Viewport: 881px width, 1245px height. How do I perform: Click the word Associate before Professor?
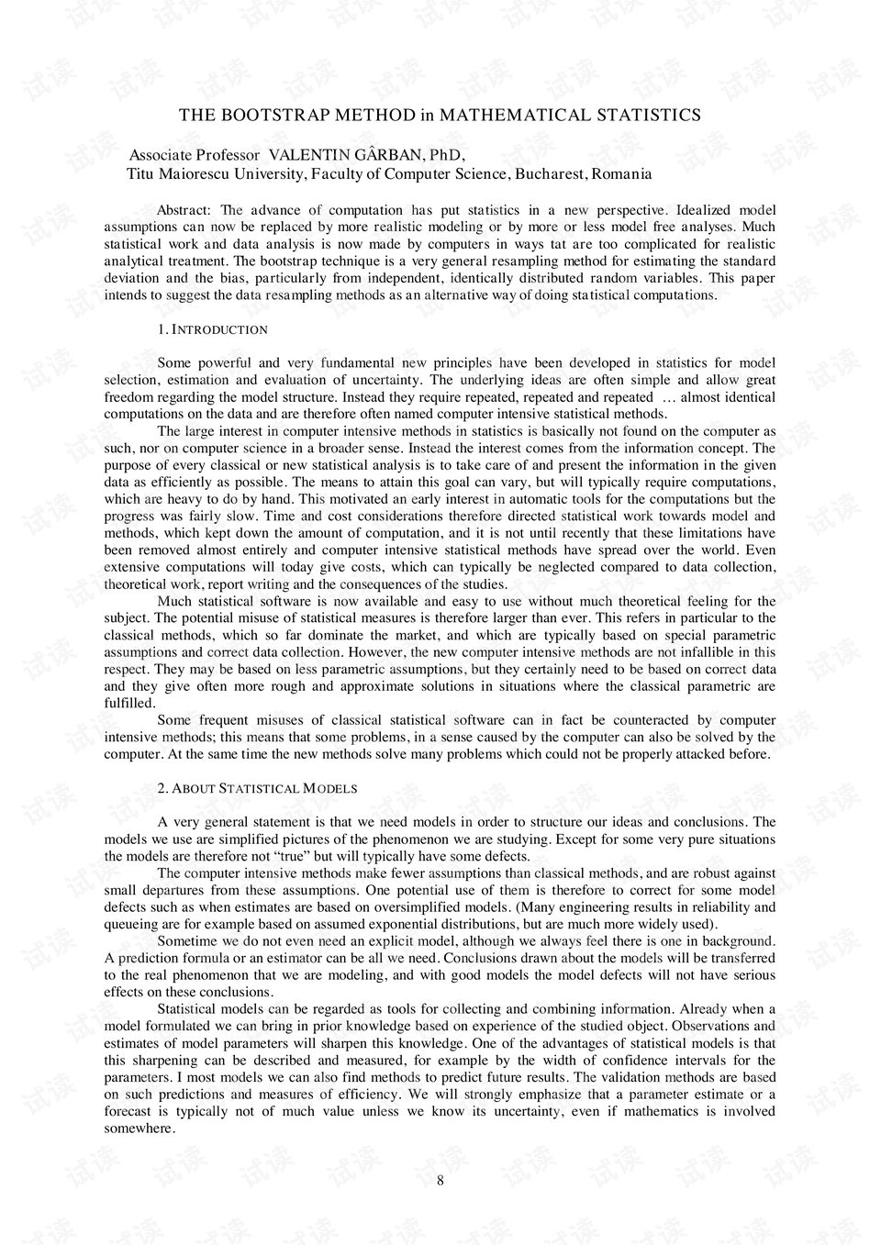tap(162, 155)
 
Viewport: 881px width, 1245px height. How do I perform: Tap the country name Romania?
tap(621, 173)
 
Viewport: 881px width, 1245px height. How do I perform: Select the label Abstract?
tap(184, 210)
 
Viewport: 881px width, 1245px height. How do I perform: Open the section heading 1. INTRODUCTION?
tap(213, 329)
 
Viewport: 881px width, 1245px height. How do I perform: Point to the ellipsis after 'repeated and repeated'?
tap(668, 397)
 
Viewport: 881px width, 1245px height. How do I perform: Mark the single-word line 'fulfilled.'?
tap(129, 704)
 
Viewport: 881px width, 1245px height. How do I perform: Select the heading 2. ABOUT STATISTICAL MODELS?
tap(257, 789)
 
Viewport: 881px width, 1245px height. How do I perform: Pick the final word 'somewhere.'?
tap(139, 1128)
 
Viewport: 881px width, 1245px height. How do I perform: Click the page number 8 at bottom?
tap(440, 1181)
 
